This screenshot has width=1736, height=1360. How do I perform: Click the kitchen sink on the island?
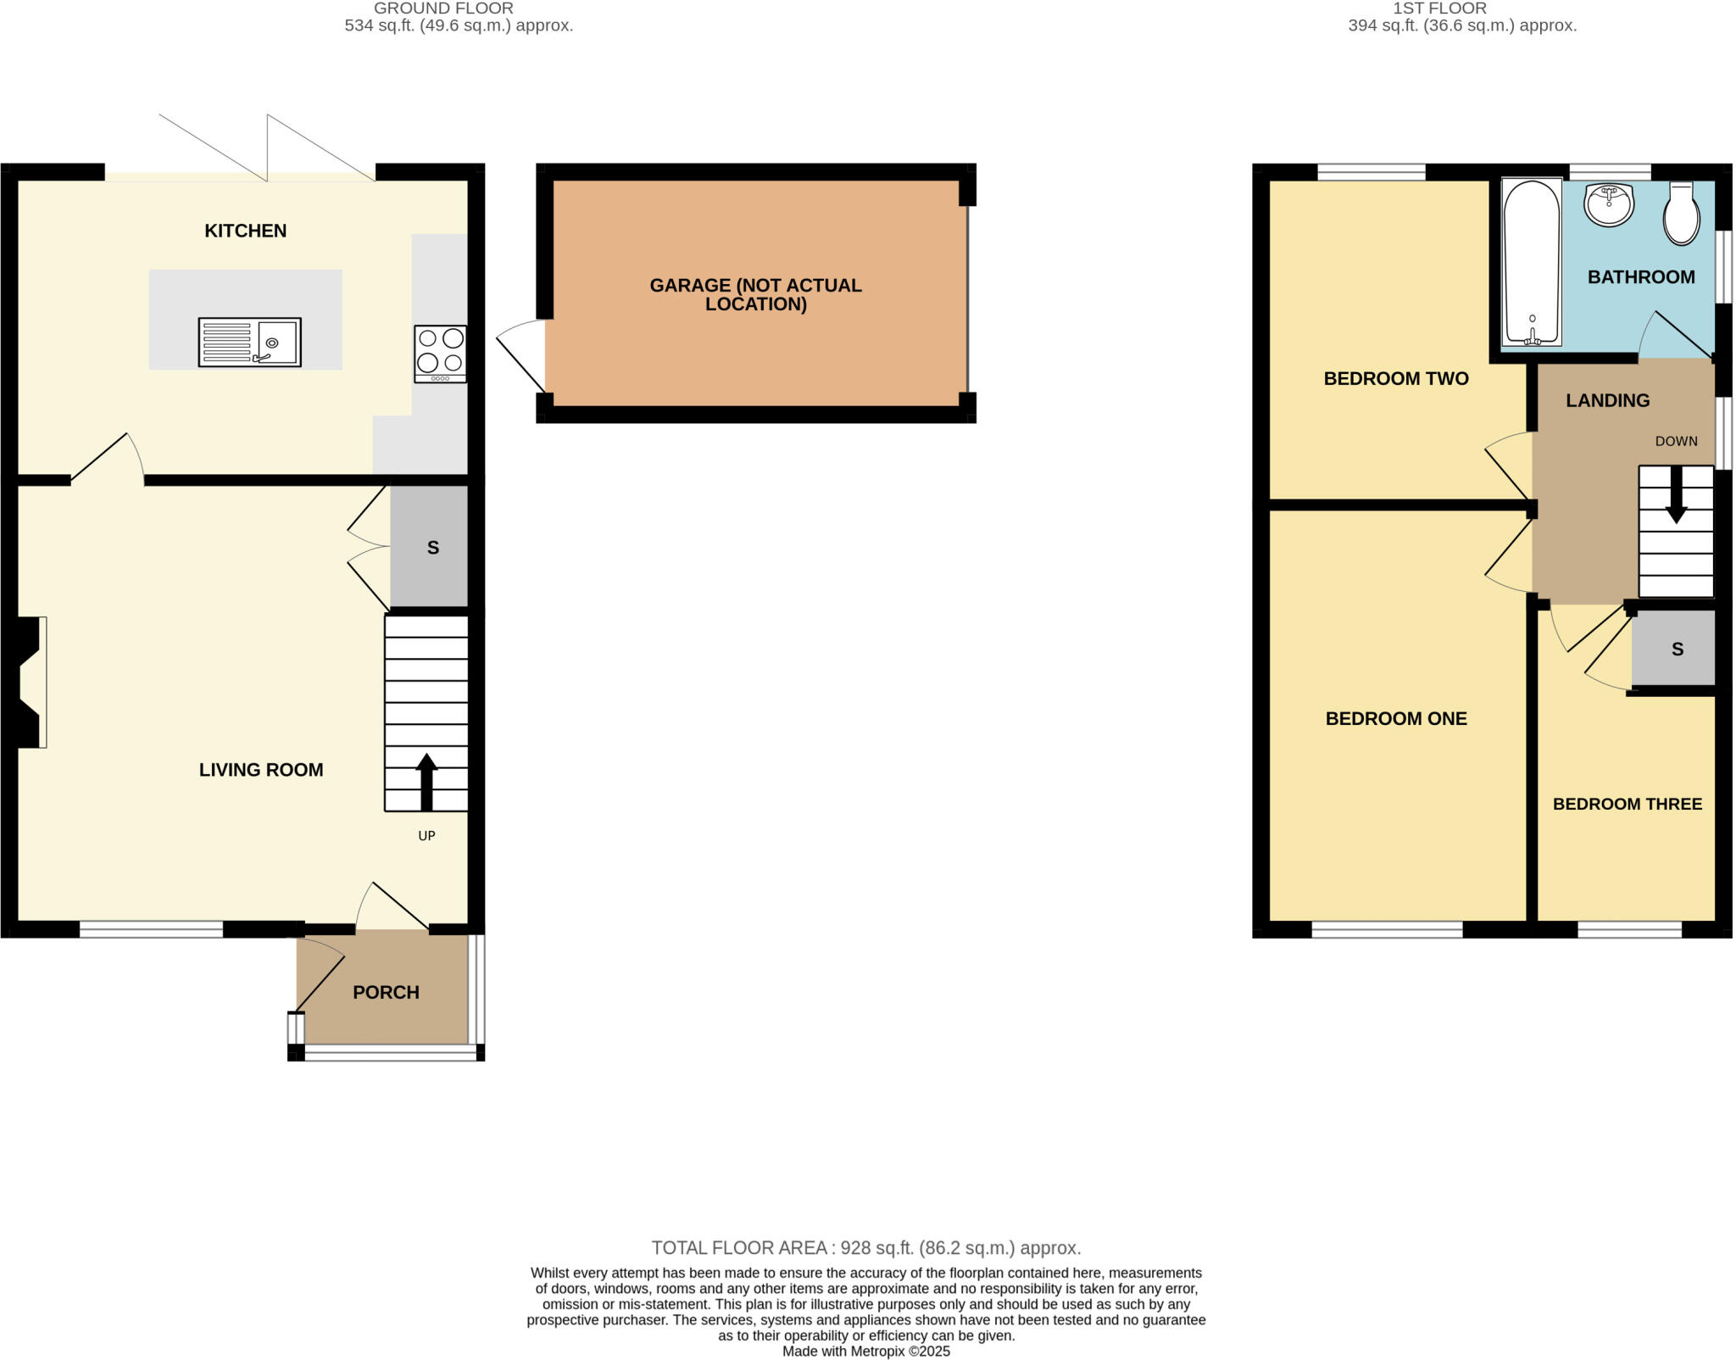[249, 342]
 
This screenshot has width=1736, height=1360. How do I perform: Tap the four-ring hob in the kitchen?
[440, 354]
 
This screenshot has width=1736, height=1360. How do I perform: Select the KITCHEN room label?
[246, 231]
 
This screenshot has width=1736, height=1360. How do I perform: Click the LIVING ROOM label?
[261, 770]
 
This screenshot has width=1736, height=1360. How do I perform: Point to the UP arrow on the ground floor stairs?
[426, 782]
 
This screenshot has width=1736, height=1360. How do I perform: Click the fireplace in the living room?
[29, 683]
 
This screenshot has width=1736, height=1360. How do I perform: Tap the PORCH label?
[386, 992]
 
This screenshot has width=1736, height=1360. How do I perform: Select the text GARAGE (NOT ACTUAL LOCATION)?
[755, 294]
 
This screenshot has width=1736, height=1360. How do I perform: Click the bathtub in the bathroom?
[1531, 263]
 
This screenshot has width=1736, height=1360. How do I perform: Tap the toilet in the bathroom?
[1681, 215]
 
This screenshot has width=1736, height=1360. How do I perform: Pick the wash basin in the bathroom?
[1609, 204]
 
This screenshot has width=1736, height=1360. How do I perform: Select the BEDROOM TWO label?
[1396, 379]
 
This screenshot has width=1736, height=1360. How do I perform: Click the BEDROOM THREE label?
[1627, 804]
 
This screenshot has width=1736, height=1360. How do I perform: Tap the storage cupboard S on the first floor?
[1676, 649]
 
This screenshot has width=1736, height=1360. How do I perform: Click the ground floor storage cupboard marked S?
[432, 548]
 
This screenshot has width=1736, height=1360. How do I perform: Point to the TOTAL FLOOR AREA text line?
[865, 1248]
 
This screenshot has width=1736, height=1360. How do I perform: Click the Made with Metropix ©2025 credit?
[865, 1352]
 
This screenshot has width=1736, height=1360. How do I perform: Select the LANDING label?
[1607, 401]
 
